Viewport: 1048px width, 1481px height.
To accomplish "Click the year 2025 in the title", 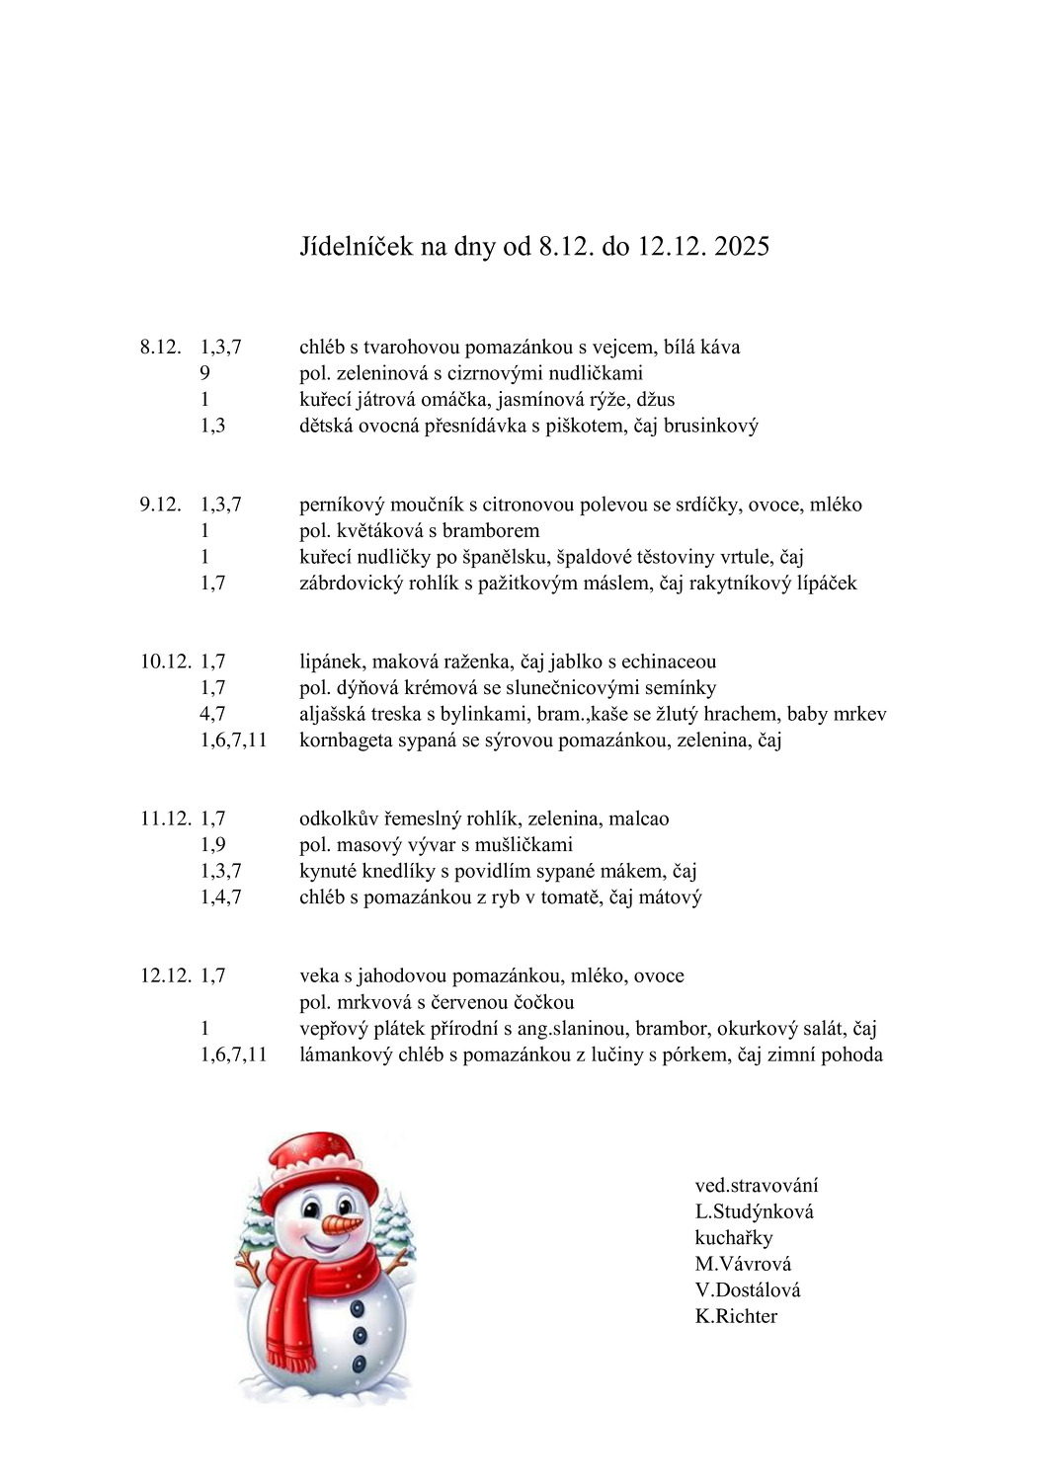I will click(741, 246).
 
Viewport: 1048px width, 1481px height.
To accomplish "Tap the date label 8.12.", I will click(160, 347).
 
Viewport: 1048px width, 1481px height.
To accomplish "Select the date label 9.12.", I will click(160, 505).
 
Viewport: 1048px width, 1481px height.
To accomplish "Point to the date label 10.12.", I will click(165, 662).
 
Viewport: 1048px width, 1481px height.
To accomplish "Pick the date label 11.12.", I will click(165, 818).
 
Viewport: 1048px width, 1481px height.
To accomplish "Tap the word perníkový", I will click(341, 505).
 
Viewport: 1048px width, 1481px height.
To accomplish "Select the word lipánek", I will click(331, 662).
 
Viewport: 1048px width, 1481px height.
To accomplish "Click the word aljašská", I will click(335, 714).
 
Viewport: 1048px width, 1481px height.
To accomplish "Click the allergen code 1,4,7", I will click(220, 896).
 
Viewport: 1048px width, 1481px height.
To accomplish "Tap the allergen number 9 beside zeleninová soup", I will click(204, 373).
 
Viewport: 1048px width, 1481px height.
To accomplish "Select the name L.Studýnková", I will click(754, 1211).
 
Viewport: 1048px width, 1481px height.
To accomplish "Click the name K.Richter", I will click(736, 1316).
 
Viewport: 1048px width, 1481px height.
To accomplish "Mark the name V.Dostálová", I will click(748, 1289).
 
